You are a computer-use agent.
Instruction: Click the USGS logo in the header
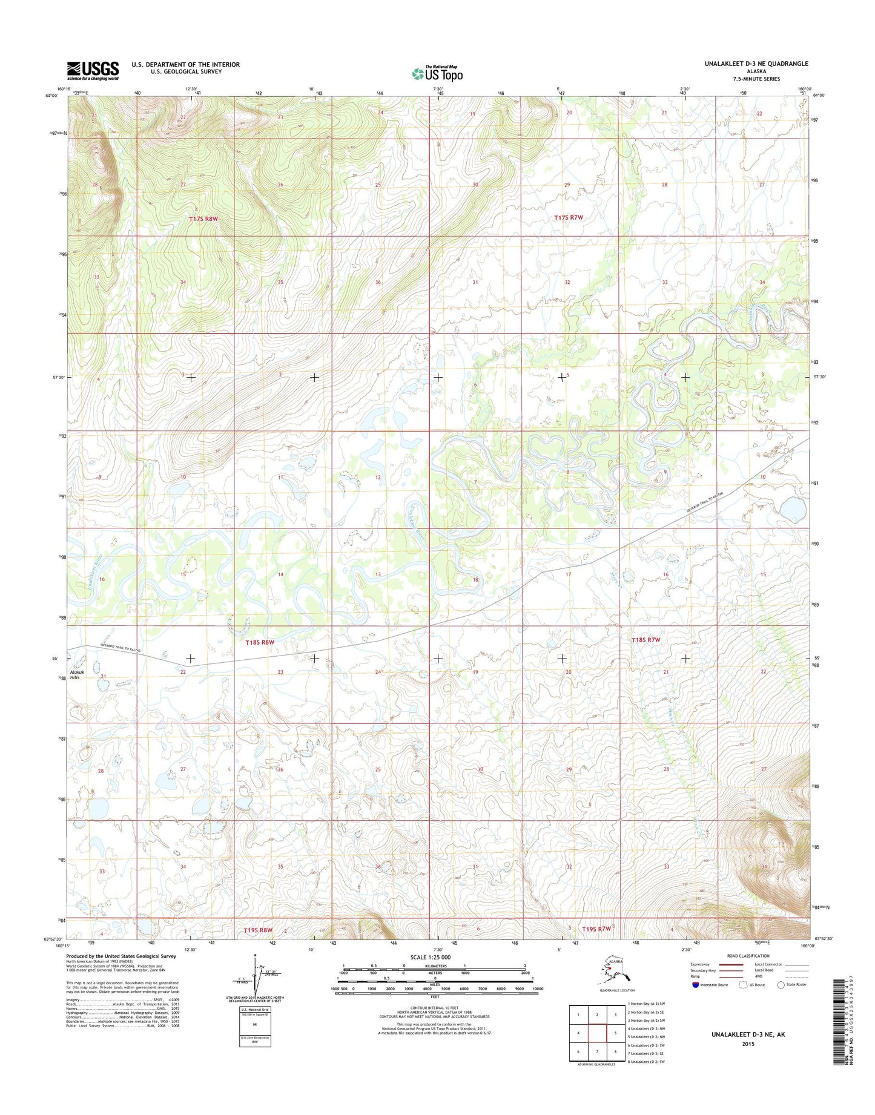pos(93,70)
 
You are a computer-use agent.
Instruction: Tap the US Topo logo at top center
pos(437,73)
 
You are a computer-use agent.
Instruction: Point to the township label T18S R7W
pos(646,639)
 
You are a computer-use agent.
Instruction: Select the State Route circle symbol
pos(781,984)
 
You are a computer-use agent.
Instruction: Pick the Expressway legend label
pos(700,964)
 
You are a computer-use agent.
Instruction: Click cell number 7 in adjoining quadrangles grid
pos(597,1051)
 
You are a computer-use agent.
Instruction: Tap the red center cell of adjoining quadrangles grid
pos(597,1033)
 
